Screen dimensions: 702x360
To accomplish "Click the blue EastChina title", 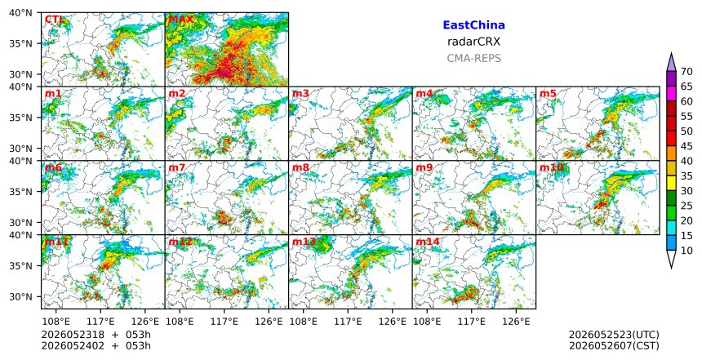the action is coord(473,25).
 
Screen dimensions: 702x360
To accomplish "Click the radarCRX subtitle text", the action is coord(473,42).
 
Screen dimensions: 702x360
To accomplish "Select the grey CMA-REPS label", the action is coord(473,58).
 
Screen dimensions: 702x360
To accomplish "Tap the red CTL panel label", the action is coord(55,20).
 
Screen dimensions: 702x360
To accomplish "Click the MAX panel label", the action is coord(180,20).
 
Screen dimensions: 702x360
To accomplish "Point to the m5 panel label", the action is coord(548,94).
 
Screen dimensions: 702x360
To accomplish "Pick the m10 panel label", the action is coord(551,168).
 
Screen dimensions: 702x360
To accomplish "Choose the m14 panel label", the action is coord(428,242).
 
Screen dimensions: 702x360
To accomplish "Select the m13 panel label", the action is coord(304,242).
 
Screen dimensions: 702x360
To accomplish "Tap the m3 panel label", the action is coord(300,94).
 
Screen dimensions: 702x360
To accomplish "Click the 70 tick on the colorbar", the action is coord(686,72).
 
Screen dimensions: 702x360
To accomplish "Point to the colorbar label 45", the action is coord(686,146).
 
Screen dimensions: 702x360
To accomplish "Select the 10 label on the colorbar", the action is coord(686,251).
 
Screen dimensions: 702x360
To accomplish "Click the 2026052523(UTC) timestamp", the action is coord(614,335).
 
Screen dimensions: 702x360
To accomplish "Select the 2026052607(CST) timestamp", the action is coord(614,345).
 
